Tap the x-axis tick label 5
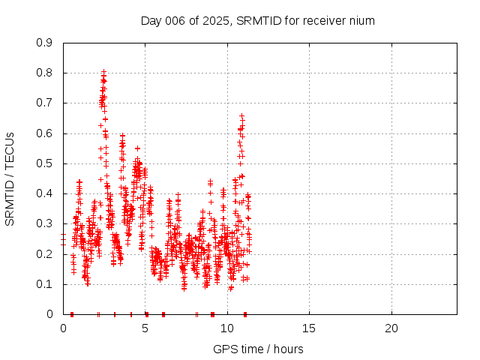(x=145, y=328)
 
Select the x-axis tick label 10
(x=227, y=328)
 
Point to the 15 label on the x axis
(x=309, y=328)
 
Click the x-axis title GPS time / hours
(x=258, y=349)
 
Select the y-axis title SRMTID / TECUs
(x=10, y=178)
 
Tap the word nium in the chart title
(x=361, y=20)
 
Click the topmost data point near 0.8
(x=103, y=71)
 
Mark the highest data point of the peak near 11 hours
(x=241, y=115)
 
